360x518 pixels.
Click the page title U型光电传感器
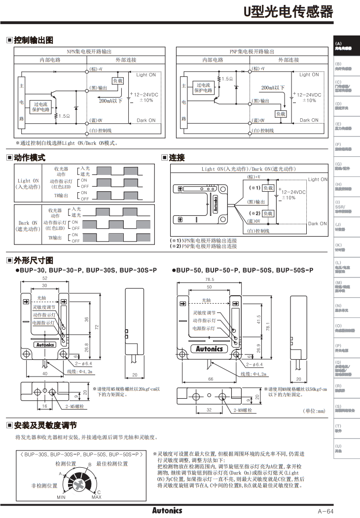pos(288,12)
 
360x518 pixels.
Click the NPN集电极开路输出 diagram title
pos(89,51)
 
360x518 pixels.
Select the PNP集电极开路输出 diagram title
pos(252,51)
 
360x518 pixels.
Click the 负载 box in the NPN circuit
pos(118,80)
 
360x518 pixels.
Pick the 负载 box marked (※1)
pos(268,188)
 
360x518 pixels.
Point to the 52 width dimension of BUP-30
pos(45,278)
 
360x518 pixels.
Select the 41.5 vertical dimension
pos(259,319)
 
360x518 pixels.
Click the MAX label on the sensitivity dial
pos(96,497)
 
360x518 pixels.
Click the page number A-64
pos(325,511)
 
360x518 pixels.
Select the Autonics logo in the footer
pos(167,510)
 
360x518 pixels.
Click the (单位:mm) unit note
pos(314,410)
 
